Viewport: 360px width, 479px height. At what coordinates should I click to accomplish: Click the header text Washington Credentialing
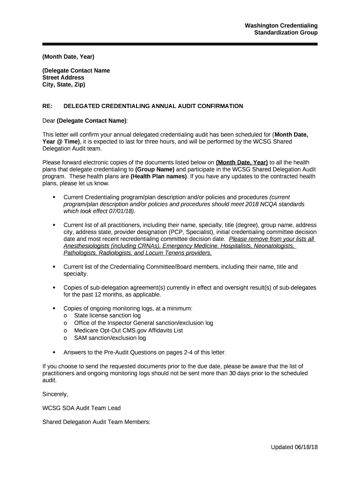(x=281, y=25)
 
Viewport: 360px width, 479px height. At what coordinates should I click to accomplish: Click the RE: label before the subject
(x=48, y=106)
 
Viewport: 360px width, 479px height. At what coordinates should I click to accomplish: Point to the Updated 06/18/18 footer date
(x=294, y=447)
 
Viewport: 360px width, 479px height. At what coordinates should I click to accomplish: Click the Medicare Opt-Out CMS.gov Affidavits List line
(x=128, y=330)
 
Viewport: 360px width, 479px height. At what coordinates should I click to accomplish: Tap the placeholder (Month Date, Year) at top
(x=68, y=57)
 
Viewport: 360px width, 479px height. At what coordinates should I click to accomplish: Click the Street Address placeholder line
(x=63, y=78)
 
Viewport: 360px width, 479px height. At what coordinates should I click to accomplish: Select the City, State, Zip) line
(x=64, y=85)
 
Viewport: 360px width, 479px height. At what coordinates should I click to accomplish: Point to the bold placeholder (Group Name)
(x=154, y=169)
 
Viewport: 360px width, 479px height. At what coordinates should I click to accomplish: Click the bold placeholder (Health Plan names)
(x=159, y=176)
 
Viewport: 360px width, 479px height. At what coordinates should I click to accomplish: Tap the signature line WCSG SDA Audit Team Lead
(x=81, y=408)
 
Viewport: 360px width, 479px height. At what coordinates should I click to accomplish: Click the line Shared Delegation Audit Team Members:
(x=96, y=422)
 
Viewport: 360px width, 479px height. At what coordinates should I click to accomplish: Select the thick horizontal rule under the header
(x=180, y=44)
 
